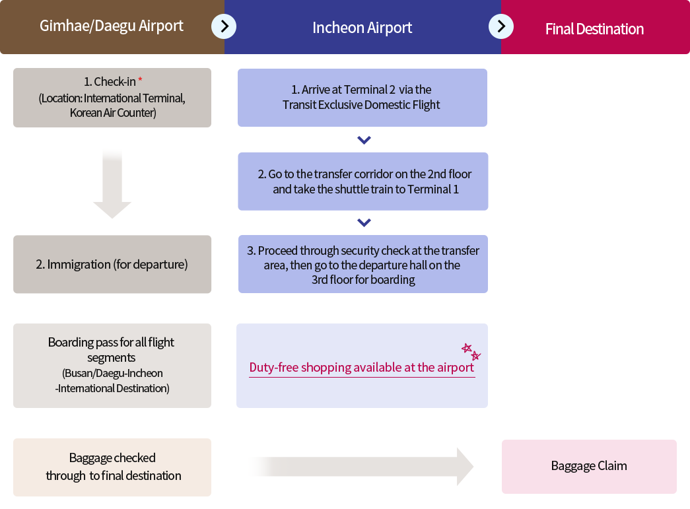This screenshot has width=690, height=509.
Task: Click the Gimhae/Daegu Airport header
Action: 112,26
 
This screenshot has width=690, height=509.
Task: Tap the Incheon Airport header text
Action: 362,28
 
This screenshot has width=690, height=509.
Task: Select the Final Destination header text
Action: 594,29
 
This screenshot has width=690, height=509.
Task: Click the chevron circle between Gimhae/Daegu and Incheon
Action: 224,26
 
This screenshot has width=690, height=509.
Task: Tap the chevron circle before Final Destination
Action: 501,26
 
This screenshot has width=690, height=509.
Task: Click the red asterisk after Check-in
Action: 140,80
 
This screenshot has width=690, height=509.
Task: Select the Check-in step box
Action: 112,98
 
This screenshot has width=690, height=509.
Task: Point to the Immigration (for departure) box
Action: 112,264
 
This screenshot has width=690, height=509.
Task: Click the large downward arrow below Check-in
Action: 112,184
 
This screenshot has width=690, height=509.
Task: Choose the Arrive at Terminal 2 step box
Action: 362,98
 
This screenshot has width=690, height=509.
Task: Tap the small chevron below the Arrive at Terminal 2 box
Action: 364,140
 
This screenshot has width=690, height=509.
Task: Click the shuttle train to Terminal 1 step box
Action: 363,182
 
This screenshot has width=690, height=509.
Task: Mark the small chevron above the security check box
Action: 364,222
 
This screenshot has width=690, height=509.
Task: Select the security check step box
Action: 363,264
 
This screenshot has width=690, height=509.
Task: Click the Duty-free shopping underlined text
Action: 362,368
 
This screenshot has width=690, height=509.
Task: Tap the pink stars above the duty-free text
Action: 471,351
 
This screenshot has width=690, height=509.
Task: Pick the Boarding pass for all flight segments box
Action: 112,366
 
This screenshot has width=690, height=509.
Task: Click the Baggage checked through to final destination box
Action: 112,467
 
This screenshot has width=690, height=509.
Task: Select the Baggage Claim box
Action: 589,466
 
